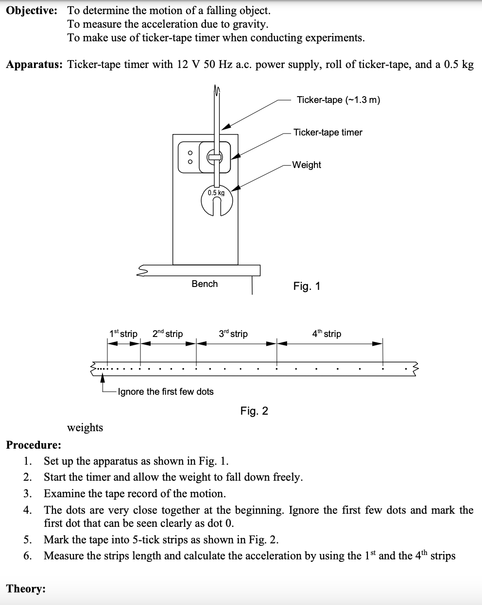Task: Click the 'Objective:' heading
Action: [32, 11]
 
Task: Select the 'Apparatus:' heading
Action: [34, 65]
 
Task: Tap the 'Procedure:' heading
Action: [34, 445]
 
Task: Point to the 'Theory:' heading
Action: [26, 588]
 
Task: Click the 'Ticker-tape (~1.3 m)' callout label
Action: [338, 100]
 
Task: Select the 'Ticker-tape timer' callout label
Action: [327, 132]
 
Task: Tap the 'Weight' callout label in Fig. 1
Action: [307, 165]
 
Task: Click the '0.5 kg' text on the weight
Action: [216, 193]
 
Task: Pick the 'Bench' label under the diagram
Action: [205, 284]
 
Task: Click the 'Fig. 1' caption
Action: [307, 286]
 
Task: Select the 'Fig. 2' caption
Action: [254, 411]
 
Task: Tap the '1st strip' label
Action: [123, 334]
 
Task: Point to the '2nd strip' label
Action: [168, 334]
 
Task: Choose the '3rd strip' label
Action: [233, 334]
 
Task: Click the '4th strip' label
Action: [327, 334]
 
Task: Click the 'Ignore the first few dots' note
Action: [166, 391]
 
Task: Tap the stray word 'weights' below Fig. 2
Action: [85, 427]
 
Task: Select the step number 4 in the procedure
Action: [28, 510]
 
